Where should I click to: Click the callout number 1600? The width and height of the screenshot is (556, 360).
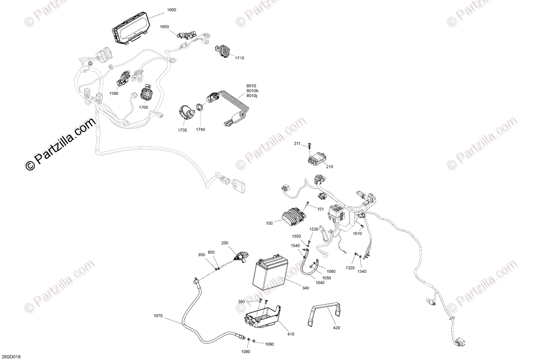click(x=171, y=10)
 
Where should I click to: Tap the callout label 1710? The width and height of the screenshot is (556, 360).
click(x=239, y=58)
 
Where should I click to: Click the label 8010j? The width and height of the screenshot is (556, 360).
click(x=252, y=96)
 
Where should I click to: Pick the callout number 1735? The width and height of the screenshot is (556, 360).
click(x=183, y=130)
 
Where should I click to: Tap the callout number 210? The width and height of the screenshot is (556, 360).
click(x=329, y=167)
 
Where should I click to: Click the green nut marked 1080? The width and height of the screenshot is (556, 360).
click(x=249, y=339)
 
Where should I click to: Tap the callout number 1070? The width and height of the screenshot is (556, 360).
click(x=158, y=316)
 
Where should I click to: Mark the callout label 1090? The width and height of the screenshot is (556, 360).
click(x=269, y=344)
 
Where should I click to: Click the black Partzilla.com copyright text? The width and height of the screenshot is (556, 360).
click(x=60, y=144)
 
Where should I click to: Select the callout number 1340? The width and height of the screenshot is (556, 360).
click(x=362, y=272)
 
